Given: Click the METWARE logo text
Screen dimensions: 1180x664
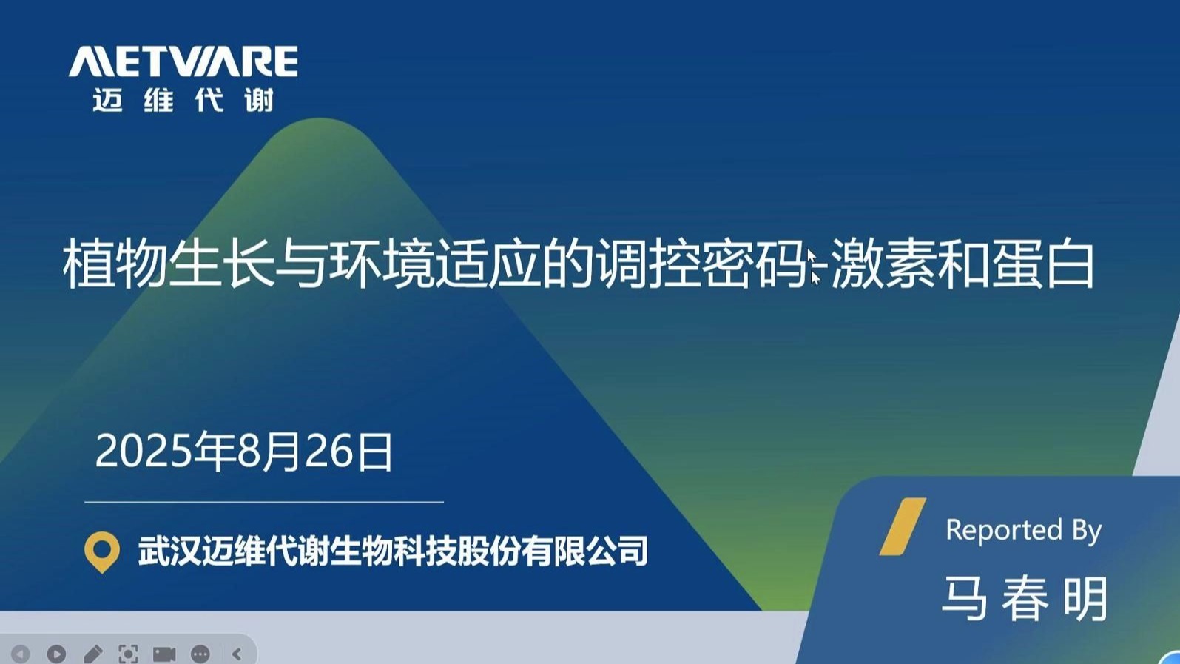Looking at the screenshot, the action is pyautogui.click(x=183, y=61).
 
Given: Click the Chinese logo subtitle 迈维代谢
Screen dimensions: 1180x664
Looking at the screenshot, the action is pyautogui.click(x=183, y=100).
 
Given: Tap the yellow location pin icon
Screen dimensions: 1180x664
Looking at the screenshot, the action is pyautogui.click(x=101, y=551).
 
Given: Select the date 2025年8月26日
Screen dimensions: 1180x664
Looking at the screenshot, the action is pyautogui.click(x=244, y=452).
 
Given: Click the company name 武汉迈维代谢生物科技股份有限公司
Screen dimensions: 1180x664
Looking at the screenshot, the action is pyautogui.click(x=393, y=551).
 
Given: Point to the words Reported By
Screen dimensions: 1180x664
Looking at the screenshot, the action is pyautogui.click(x=1024, y=530).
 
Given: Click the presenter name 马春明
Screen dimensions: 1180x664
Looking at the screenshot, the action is pyautogui.click(x=1025, y=599).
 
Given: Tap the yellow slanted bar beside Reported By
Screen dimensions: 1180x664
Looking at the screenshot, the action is pyautogui.click(x=903, y=526).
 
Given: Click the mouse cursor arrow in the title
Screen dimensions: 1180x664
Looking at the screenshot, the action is pyautogui.click(x=814, y=267).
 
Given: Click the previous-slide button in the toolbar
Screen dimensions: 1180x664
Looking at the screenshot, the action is pyautogui.click(x=19, y=654).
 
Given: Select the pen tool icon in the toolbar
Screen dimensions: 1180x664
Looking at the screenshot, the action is pyautogui.click(x=93, y=654).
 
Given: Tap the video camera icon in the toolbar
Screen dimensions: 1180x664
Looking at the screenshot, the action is pyautogui.click(x=163, y=654).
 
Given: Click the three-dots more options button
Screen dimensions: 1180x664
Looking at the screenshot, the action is pyautogui.click(x=200, y=654).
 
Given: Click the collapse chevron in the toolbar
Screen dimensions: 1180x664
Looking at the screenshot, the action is pyautogui.click(x=237, y=654).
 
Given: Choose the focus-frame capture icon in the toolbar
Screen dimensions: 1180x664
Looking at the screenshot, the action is pyautogui.click(x=128, y=654).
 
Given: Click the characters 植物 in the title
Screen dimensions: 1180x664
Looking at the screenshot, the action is pyautogui.click(x=115, y=264).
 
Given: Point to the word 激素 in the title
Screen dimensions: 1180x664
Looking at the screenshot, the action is pyautogui.click(x=885, y=264).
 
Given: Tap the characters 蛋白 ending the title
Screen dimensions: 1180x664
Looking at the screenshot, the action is pyautogui.click(x=1042, y=264).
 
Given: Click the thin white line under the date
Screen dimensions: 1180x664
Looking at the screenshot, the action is pyautogui.click(x=264, y=502).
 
